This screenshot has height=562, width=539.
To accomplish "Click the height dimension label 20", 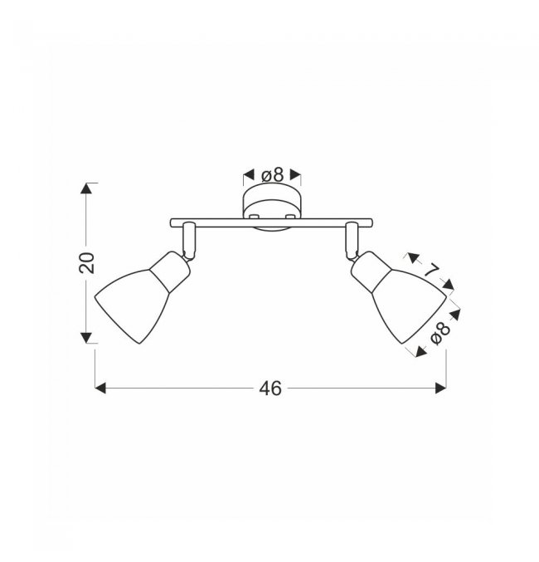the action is (87, 263).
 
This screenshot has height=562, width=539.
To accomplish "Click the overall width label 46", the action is (270, 389).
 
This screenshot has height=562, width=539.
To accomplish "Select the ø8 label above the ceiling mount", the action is (273, 175).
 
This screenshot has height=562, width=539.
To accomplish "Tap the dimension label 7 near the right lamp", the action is (431, 270).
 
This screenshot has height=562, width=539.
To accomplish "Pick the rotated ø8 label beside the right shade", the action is (440, 334).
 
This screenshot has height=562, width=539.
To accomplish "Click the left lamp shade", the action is (133, 305).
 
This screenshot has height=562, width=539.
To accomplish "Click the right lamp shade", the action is (408, 305).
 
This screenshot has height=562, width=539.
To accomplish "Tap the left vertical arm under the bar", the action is (189, 241).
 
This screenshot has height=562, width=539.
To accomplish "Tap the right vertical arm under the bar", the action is (352, 241).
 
